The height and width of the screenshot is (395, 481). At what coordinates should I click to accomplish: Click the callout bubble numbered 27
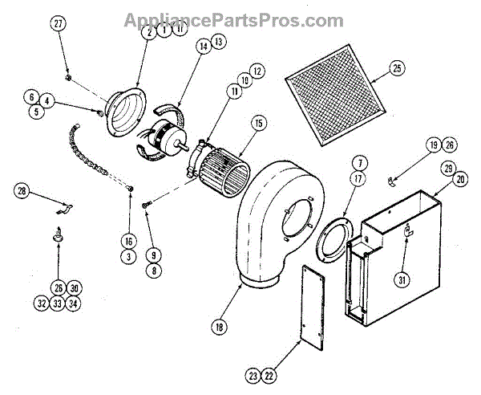[57, 24]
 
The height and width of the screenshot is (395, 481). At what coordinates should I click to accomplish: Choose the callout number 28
[22, 191]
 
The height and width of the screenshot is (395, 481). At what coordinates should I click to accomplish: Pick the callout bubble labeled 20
[459, 180]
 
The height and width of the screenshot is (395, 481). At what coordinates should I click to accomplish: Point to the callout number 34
[75, 303]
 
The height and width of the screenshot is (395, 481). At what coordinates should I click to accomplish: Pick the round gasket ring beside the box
[333, 242]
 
